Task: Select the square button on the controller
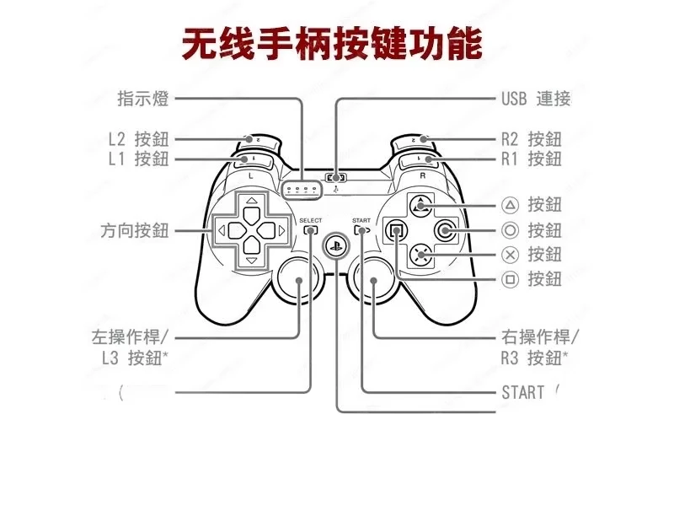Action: [x=394, y=229]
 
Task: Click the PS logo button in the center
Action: [x=335, y=245]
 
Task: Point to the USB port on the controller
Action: [x=336, y=178]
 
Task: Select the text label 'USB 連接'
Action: [x=536, y=99]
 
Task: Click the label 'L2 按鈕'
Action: [x=138, y=139]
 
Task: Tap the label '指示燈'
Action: [x=143, y=99]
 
